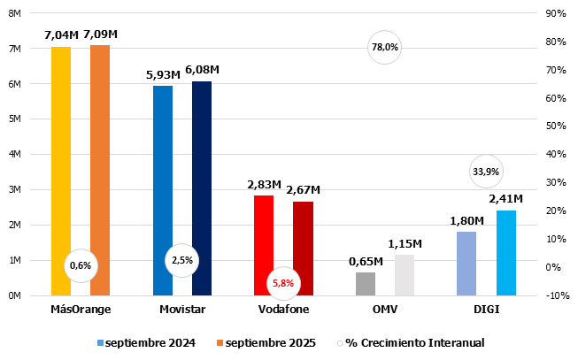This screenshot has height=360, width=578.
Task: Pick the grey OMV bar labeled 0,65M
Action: coord(366,284)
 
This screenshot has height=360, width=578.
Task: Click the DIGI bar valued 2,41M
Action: coord(506,253)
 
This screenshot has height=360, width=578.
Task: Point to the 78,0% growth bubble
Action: coord(385,48)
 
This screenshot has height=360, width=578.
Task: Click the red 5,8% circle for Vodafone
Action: coord(284,283)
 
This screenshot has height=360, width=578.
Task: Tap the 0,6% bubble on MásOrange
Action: coord(80,265)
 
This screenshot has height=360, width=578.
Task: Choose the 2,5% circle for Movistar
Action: coord(181,260)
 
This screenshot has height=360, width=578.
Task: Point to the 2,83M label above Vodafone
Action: coord(264,185)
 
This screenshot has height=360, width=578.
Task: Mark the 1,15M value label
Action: coord(405,244)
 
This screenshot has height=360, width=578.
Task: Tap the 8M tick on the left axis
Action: coord(15,13)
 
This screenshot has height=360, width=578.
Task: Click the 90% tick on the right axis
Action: coord(557,13)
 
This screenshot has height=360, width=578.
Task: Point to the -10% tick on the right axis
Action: coord(558,295)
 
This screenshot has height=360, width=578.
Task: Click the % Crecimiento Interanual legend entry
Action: coord(414,342)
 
